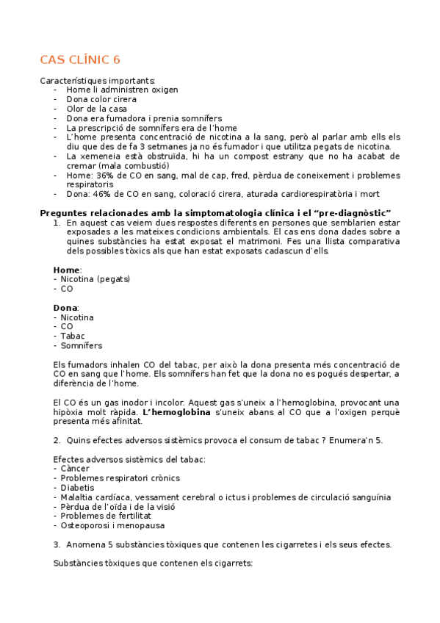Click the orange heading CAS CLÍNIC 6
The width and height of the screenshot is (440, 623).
79,60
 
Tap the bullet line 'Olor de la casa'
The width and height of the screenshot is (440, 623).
96,109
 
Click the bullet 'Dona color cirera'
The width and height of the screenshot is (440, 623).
101,99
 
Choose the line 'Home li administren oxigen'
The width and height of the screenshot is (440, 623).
121,90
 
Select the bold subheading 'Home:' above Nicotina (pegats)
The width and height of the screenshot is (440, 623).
68,270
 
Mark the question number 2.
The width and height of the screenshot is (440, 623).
57,440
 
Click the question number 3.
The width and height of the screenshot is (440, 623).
57,544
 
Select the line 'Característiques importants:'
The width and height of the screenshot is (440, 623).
97,80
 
